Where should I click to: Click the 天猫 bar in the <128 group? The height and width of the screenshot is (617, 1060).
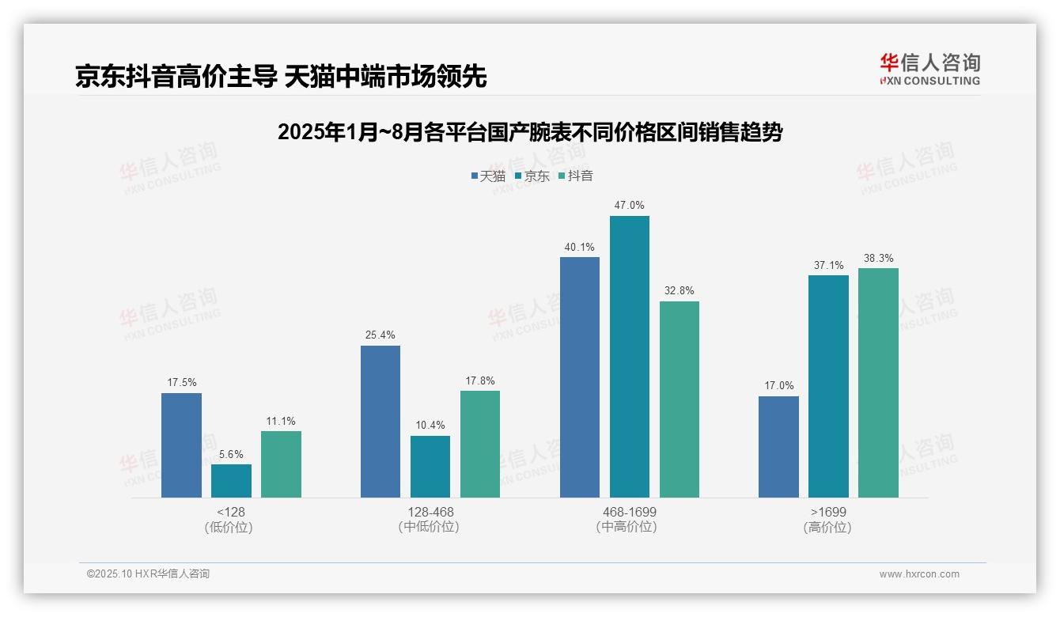click(x=181, y=445)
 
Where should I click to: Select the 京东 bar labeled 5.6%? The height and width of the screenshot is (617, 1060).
click(x=231, y=481)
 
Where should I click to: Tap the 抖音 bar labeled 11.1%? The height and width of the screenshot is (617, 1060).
click(x=281, y=464)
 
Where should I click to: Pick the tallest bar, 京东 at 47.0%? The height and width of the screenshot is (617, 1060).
click(x=629, y=357)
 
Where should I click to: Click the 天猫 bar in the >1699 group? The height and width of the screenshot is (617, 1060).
click(x=778, y=447)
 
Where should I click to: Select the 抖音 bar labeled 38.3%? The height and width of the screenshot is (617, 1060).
click(x=878, y=383)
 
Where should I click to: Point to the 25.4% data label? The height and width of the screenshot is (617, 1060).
click(x=380, y=335)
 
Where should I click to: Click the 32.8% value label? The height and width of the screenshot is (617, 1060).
click(x=679, y=291)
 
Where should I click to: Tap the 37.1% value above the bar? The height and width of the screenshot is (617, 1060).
click(x=828, y=265)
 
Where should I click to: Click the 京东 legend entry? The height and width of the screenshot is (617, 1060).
click(x=532, y=176)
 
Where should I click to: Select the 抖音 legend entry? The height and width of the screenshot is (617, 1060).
click(x=575, y=176)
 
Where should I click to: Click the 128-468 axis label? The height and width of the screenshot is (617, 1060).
click(x=430, y=512)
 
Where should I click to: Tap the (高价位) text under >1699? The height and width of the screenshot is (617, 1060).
click(x=827, y=527)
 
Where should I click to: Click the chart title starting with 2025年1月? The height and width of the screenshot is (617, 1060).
click(x=529, y=132)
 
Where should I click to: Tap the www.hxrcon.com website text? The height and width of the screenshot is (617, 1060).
click(x=918, y=574)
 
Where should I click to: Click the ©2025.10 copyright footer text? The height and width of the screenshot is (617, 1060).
click(x=148, y=574)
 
